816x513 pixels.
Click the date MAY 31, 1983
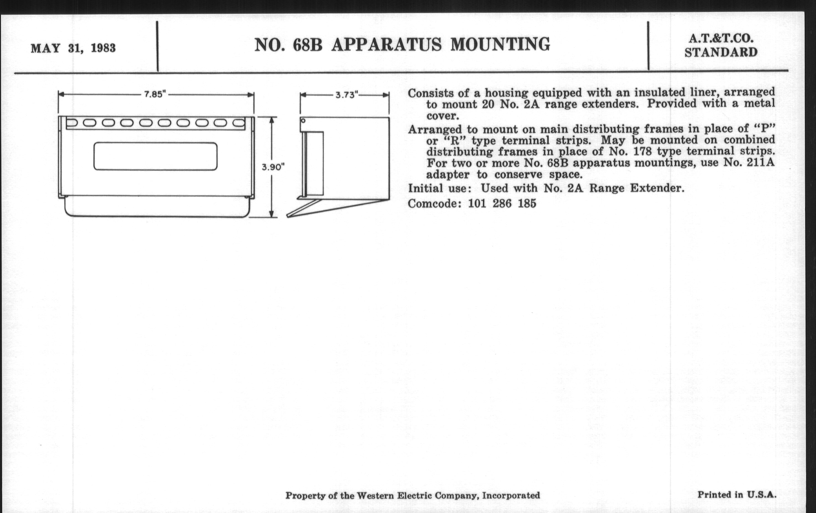(x=73, y=48)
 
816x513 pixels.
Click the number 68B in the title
(x=307, y=45)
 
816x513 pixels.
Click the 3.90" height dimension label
(x=273, y=167)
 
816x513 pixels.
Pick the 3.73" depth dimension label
(x=347, y=95)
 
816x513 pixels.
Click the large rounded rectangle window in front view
(x=156, y=156)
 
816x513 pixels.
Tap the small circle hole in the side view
(x=303, y=121)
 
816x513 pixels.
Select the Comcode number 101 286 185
(x=502, y=204)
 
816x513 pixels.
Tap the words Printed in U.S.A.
(x=737, y=494)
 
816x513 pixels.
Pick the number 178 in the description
(x=642, y=151)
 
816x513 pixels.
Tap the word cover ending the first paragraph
(x=442, y=116)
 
